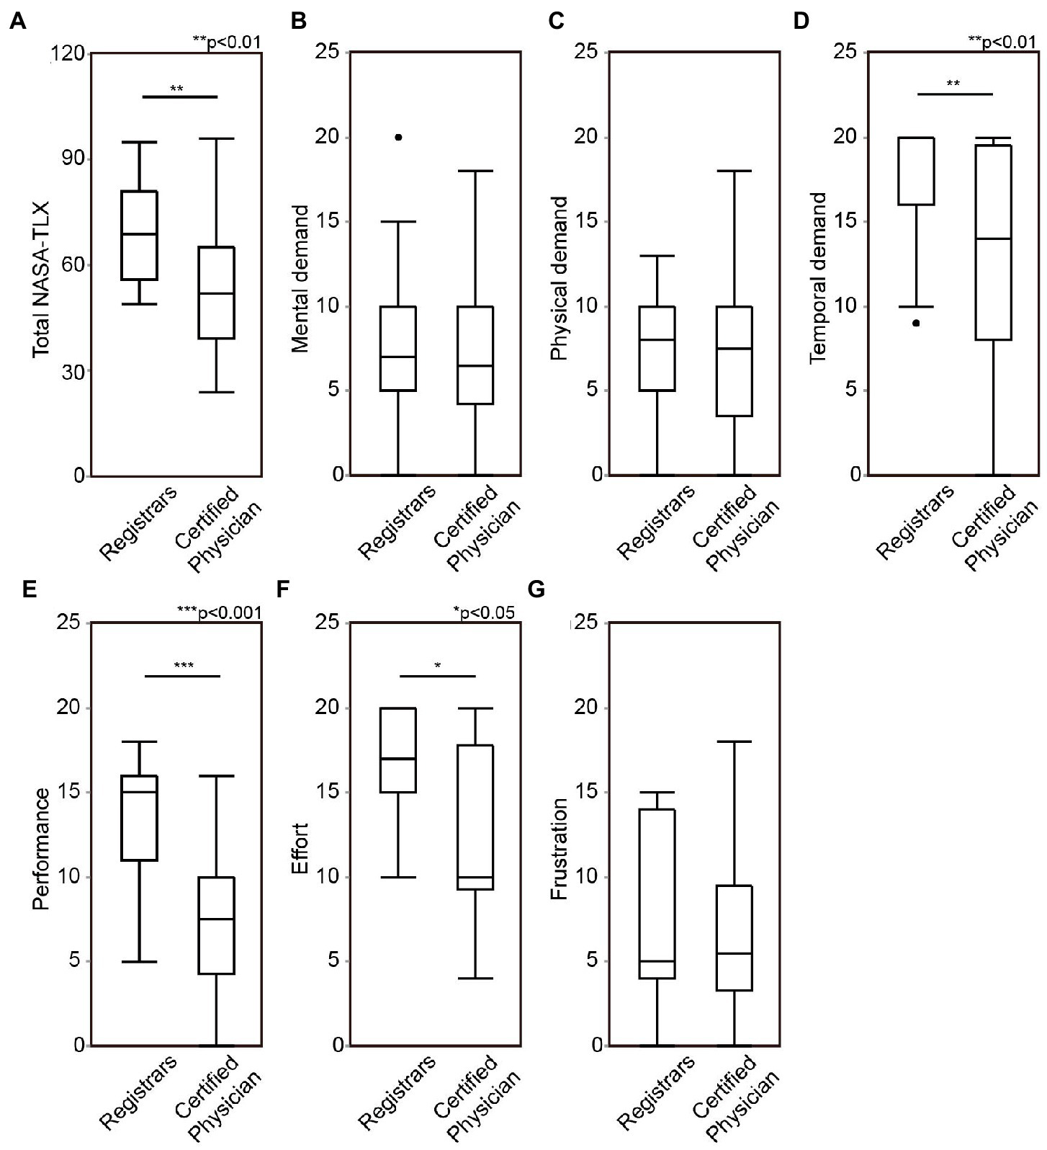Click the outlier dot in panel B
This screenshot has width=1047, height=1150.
[x=398, y=137]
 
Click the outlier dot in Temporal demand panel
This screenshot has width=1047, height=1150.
[x=916, y=323]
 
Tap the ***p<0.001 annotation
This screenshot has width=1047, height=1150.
[x=219, y=612]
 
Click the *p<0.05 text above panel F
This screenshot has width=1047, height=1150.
[x=484, y=612]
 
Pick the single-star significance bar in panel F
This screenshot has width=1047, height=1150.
[x=438, y=676]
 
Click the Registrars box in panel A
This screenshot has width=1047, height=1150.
[x=140, y=235]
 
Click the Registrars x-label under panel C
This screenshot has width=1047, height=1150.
[x=657, y=522]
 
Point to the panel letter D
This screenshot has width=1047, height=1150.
[x=801, y=22]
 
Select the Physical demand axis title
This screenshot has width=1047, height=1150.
[x=559, y=278]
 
